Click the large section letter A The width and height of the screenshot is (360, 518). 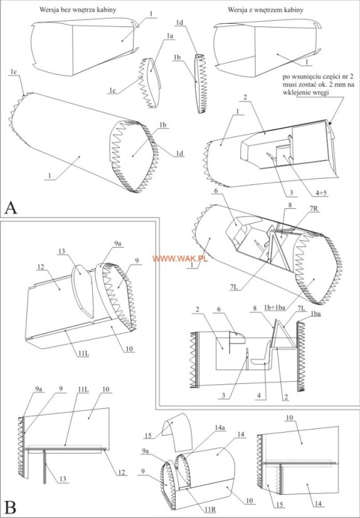[x=11, y=208]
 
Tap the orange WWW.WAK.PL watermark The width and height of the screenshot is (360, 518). [x=180, y=258]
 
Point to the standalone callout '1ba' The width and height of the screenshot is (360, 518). [x=315, y=314]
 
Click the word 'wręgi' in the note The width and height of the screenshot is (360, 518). [x=322, y=93]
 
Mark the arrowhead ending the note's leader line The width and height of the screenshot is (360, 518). [x=330, y=122]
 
